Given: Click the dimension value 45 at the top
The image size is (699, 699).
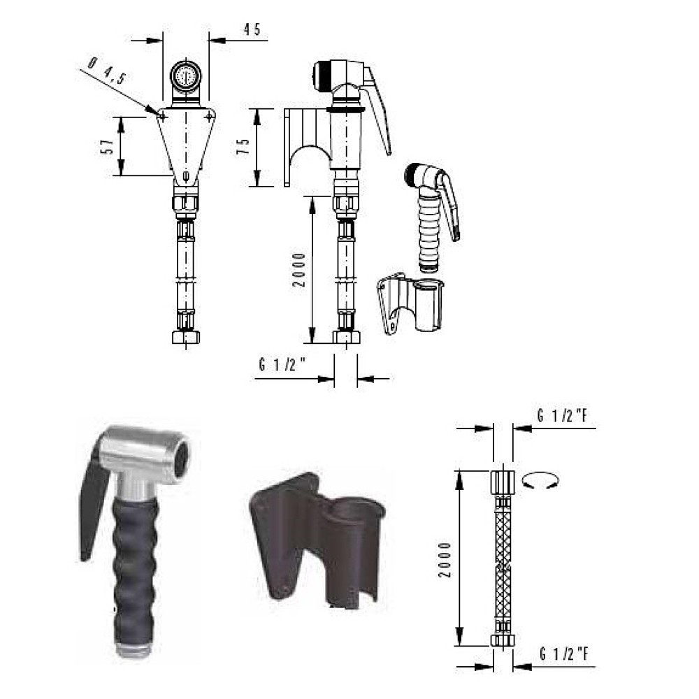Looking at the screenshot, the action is tap(252, 29).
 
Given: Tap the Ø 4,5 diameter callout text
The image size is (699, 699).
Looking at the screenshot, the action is tap(106, 71).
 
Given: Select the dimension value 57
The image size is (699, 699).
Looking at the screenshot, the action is tap(108, 147).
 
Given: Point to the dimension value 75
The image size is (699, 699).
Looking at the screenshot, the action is tap(244, 146).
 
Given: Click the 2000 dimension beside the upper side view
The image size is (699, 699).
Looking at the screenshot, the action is tap(300, 270).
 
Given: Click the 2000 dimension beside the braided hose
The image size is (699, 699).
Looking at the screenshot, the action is tap(445, 560).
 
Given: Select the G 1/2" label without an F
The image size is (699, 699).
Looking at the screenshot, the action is tap(282, 365).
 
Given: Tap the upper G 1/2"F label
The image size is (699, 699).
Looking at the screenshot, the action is tap(563, 416).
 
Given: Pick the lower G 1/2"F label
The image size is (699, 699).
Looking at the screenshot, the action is tap(564, 654).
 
